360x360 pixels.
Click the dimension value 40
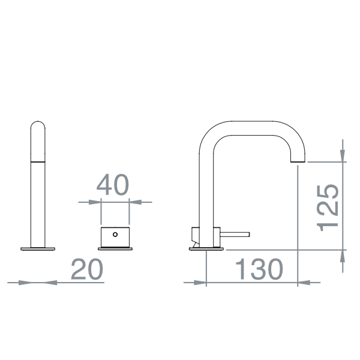[x=113, y=185]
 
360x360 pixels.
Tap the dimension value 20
[x=87, y=270]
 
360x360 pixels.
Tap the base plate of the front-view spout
[x=38, y=247]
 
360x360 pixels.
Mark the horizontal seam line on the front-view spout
[x=38, y=161]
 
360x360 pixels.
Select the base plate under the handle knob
[x=115, y=247]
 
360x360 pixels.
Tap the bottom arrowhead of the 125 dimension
[x=343, y=257]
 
